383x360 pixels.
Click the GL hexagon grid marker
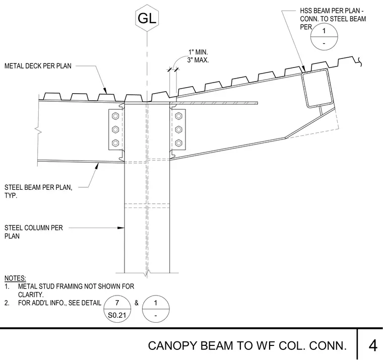click(147, 18)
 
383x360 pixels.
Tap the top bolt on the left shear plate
click(115, 116)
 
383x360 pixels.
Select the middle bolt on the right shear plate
click(178, 129)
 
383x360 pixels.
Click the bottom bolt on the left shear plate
click(115, 143)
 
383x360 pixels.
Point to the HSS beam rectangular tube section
click(317, 88)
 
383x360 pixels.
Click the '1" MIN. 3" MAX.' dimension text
click(198, 56)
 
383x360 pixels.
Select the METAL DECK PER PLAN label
click(38, 66)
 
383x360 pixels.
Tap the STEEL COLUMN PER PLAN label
click(34, 232)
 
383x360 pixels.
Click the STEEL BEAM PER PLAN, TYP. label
click(38, 191)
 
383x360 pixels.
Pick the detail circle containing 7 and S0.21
click(117, 309)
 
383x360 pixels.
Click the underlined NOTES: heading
click(15, 278)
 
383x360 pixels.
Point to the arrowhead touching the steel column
click(121, 228)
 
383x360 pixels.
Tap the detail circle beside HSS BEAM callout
click(324, 37)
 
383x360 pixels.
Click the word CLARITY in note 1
click(31, 295)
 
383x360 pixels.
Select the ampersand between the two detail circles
click(136, 303)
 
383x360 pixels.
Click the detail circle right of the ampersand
click(156, 309)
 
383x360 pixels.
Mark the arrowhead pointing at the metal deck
click(105, 91)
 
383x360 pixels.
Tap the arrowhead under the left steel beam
click(97, 166)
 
